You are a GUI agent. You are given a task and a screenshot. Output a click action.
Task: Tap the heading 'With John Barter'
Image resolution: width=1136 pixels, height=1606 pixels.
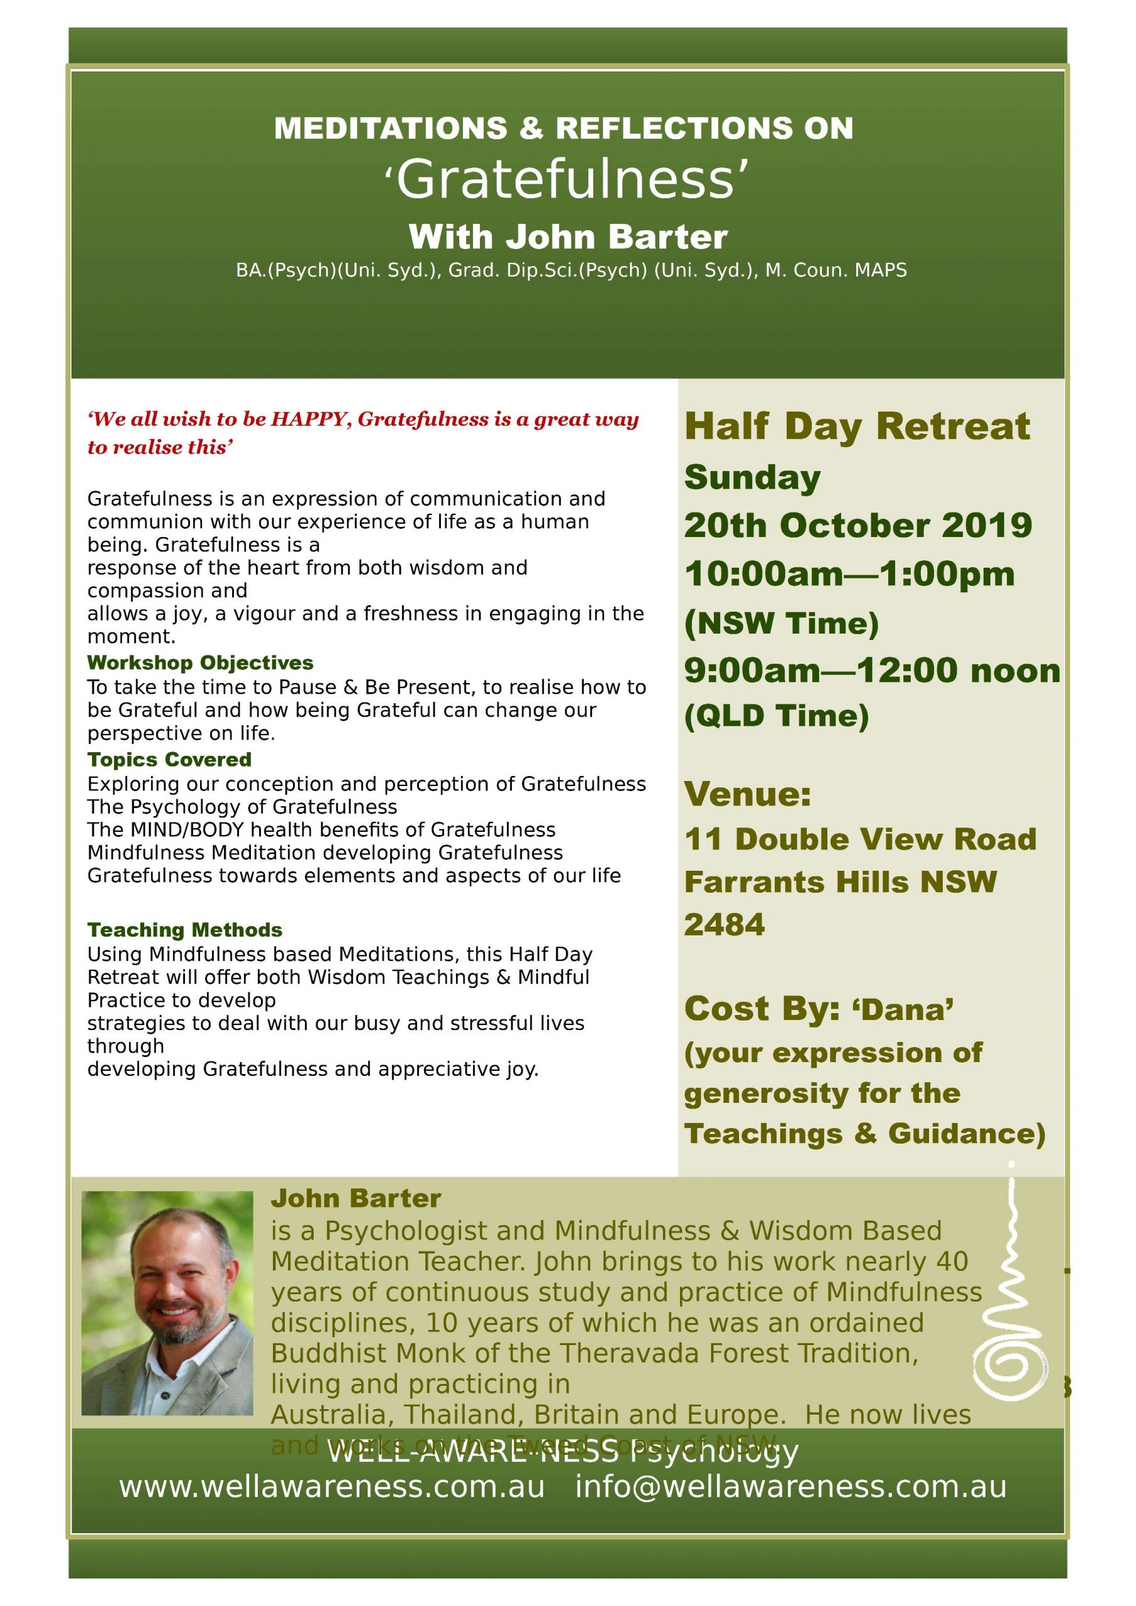pyautogui.click(x=568, y=237)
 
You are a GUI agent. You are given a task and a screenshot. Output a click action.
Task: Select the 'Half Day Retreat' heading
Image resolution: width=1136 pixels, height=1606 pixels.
pyautogui.click(x=857, y=426)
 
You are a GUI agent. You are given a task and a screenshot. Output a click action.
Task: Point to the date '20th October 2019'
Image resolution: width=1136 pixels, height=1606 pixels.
pyautogui.click(x=857, y=525)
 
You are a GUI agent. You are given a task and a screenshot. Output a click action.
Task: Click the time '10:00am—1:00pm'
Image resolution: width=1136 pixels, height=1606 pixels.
pyautogui.click(x=849, y=574)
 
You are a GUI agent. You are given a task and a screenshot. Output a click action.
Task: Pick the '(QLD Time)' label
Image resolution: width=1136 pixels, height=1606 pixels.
pyautogui.click(x=777, y=716)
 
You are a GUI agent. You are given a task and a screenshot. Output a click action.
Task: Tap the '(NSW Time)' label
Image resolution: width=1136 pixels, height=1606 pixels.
pyautogui.click(x=782, y=623)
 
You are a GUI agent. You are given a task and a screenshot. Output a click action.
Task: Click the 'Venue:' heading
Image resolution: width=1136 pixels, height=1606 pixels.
pyautogui.click(x=747, y=794)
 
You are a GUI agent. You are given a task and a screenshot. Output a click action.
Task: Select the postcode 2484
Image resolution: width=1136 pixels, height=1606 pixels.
pyautogui.click(x=724, y=925)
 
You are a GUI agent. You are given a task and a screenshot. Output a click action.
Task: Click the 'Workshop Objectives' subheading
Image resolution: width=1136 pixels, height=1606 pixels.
pyautogui.click(x=200, y=662)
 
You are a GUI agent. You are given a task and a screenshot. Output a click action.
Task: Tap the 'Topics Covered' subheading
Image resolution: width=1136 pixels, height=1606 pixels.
pyautogui.click(x=169, y=760)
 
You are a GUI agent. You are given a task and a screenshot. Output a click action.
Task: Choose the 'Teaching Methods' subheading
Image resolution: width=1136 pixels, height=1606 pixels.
pyautogui.click(x=184, y=930)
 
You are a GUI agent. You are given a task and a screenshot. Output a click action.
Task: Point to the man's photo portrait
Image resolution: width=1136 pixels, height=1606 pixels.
pyautogui.click(x=167, y=1303)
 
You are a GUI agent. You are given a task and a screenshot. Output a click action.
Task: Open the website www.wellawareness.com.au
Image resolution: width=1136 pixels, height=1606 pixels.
pyautogui.click(x=332, y=1486)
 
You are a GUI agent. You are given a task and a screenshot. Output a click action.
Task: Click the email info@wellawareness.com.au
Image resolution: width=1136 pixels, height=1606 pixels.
pyautogui.click(x=790, y=1486)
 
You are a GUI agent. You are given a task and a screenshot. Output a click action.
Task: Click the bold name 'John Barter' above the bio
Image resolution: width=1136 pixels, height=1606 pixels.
pyautogui.click(x=355, y=1198)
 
